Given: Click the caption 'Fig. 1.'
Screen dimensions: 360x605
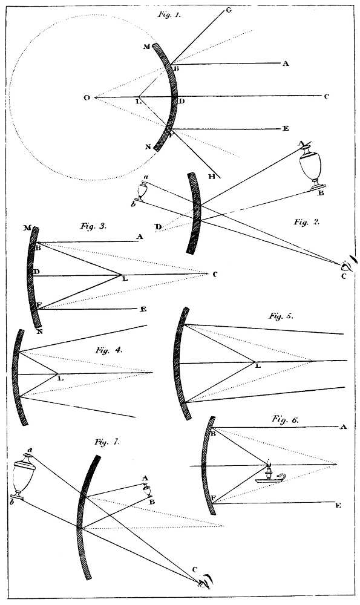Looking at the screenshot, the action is point(169,15).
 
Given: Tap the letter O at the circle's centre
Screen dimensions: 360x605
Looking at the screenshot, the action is point(87,97).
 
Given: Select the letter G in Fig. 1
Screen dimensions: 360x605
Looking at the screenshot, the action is point(229,10).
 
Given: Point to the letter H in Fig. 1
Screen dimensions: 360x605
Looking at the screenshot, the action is point(211,176).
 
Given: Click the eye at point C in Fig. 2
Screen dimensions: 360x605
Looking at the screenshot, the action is point(347,264).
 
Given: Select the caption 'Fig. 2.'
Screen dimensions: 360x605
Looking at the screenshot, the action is point(307,222).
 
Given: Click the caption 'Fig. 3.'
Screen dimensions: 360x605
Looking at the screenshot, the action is point(93,226).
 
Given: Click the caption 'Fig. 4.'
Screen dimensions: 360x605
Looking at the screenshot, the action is point(108,350).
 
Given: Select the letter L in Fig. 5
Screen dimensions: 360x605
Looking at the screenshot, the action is point(258,365).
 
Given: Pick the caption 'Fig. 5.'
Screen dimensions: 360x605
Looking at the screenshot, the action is point(281,316).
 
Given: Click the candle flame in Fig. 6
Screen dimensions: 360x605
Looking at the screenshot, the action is point(267,462).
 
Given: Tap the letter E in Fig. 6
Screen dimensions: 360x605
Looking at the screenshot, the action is point(338,505).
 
